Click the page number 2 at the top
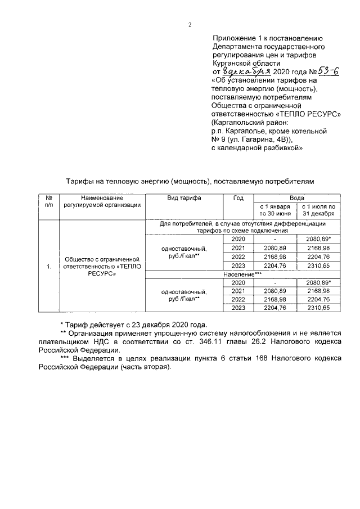click(190, 24)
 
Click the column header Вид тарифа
click(184, 198)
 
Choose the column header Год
click(238, 198)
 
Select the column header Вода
click(297, 198)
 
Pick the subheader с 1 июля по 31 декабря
click(318, 210)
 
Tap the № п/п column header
click(49, 201)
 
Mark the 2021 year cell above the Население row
click(238, 248)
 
